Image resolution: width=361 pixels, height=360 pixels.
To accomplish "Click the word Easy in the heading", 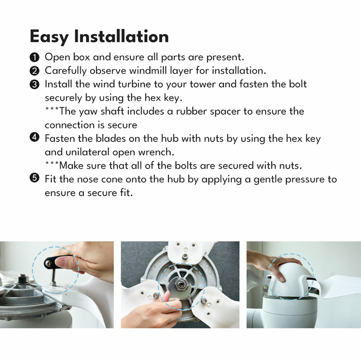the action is (x=49, y=37).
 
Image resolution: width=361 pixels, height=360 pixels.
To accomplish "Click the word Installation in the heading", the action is (x=122, y=36).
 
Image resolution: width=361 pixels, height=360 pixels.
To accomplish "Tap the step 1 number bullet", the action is (x=35, y=57).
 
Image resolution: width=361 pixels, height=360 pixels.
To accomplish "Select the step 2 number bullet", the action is (x=35, y=71).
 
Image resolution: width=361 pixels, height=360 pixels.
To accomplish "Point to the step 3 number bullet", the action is (x=35, y=84).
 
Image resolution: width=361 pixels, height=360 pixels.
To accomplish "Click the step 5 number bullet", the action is (x=35, y=178).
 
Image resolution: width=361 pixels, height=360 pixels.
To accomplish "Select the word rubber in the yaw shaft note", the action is (x=191, y=111).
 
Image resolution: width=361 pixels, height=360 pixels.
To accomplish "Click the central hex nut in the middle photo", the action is (x=181, y=284).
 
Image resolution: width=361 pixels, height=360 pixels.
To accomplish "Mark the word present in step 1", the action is (x=225, y=57).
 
